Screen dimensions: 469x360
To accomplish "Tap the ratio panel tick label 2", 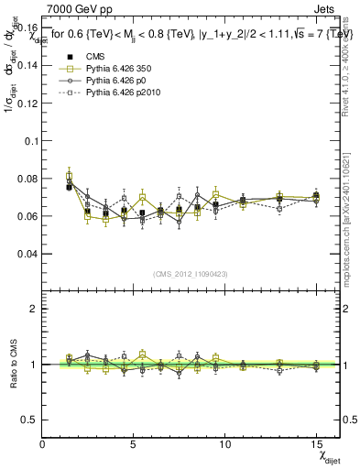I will [33, 309].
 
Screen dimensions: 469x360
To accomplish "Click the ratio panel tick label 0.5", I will [27, 420].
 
